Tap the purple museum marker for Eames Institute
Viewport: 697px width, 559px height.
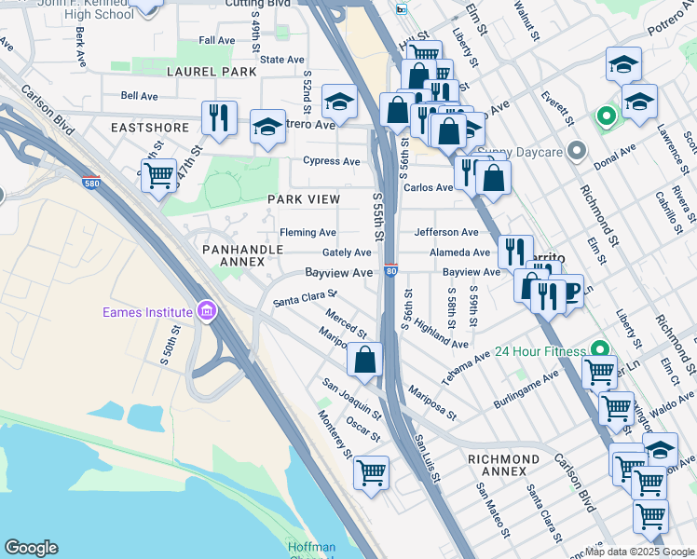click(207, 312)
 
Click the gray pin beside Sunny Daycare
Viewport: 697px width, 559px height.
click(577, 150)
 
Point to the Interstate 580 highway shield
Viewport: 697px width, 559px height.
click(91, 182)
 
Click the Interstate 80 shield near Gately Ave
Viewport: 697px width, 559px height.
click(391, 269)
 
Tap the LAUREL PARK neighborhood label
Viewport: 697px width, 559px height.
click(212, 72)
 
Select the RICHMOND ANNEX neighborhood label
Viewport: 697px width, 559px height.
click(503, 459)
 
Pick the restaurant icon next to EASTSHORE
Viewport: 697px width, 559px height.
click(219, 117)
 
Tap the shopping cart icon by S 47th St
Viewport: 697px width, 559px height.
click(159, 173)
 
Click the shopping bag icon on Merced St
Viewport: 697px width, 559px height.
click(365, 358)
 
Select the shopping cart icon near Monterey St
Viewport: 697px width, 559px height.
click(371, 472)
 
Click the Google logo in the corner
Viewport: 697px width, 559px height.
click(31, 548)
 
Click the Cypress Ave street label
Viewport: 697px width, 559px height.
click(331, 161)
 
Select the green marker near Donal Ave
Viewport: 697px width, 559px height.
click(606, 117)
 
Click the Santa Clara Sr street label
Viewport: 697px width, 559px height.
click(305, 298)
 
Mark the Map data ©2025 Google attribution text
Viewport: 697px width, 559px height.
click(638, 552)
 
